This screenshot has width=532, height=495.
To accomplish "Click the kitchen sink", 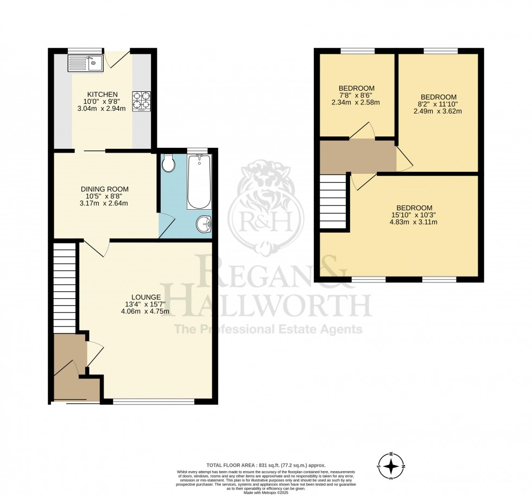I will point(85,64).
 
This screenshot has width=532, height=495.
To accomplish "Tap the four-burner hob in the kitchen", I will point(141,100).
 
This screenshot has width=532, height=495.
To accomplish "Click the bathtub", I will point(199,182).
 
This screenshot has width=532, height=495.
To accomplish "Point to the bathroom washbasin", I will point(204,223).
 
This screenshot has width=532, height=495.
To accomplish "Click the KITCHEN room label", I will point(103,95).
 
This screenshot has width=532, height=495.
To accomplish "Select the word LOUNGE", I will point(146,297).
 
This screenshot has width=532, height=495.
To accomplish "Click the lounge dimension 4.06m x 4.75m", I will point(146,312).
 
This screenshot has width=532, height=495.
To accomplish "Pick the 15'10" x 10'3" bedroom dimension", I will point(414,215).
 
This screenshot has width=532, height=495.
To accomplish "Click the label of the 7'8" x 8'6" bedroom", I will point(356,88).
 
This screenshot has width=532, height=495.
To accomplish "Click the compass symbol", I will point(391,465).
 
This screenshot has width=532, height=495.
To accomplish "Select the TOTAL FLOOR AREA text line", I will point(266,465).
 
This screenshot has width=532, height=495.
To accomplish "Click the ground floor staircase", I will point(65,287).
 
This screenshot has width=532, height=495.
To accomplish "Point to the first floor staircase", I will point(333,202).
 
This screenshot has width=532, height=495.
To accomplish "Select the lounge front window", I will point(154,402).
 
